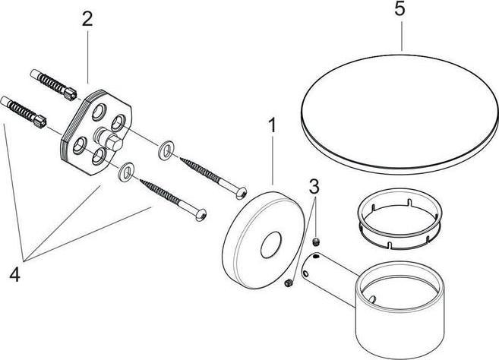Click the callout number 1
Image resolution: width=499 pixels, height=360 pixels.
pos(272,125)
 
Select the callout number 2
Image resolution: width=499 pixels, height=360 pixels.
pos(87,19)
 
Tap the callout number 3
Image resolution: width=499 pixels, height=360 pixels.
pos(314,186)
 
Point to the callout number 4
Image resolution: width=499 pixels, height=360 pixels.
pos(15,274)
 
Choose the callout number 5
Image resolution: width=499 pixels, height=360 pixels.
pos(400,8)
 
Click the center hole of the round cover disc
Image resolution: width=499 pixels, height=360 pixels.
pos(271,245)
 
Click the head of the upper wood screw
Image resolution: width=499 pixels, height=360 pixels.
pos(242,193)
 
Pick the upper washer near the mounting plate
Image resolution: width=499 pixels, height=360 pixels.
pos(166,150)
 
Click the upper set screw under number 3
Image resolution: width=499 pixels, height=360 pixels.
pos(316,242)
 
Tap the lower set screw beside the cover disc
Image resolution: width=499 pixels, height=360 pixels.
pos(289,283)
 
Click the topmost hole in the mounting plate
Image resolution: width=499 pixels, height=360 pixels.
pos(99,112)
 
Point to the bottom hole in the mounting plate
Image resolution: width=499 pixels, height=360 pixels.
pos(98,157)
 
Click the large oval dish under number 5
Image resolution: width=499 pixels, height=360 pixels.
pos(399,115)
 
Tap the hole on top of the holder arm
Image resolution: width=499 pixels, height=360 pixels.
pos(316,256)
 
